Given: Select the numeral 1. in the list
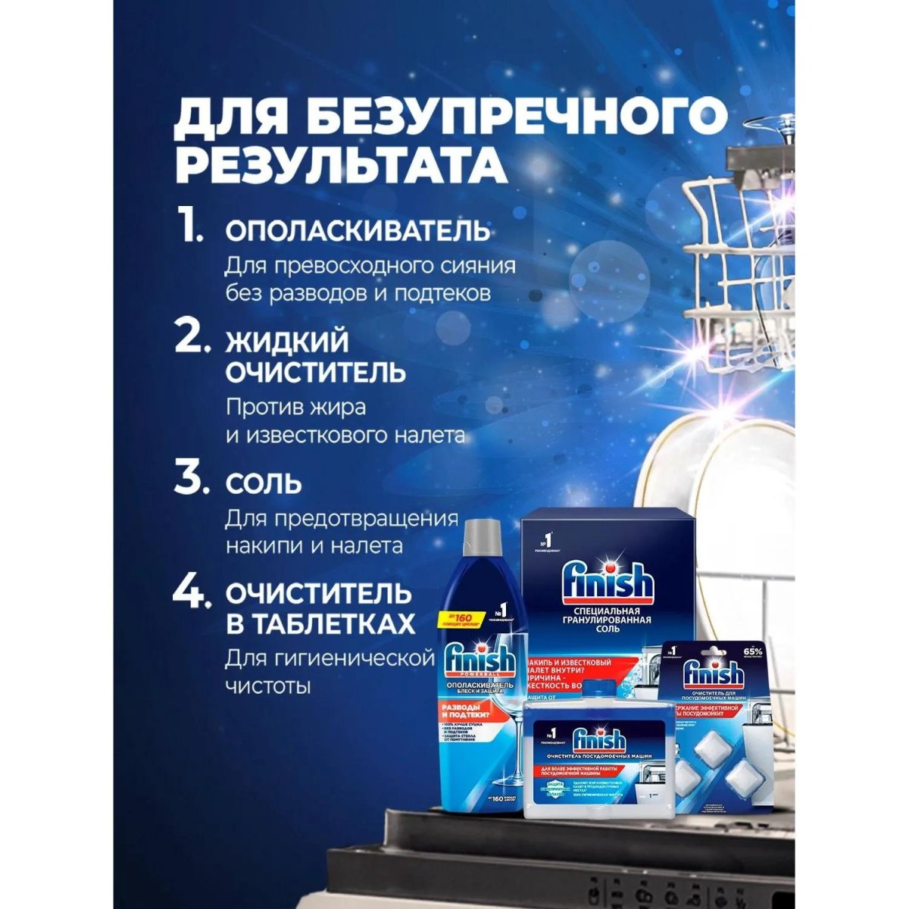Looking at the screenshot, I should [x=190, y=228].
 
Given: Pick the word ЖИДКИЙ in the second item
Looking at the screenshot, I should [x=287, y=342].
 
